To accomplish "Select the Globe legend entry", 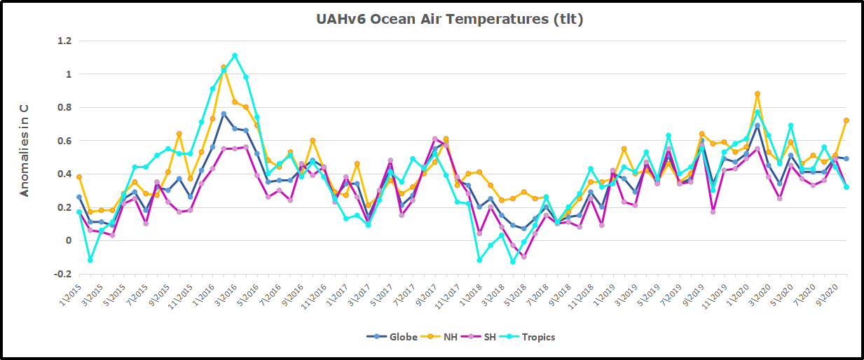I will point(392,337).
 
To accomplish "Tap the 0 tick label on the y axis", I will point(67,241).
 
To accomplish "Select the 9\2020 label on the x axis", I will point(827,293).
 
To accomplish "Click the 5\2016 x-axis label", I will point(250,293).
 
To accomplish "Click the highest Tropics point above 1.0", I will point(235,55).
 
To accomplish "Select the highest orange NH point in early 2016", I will point(224,67).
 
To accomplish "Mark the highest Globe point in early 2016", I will point(224,113).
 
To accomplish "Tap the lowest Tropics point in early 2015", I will point(90,260).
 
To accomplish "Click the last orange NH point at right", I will point(846,120).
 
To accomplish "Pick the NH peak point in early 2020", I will point(757,94).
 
